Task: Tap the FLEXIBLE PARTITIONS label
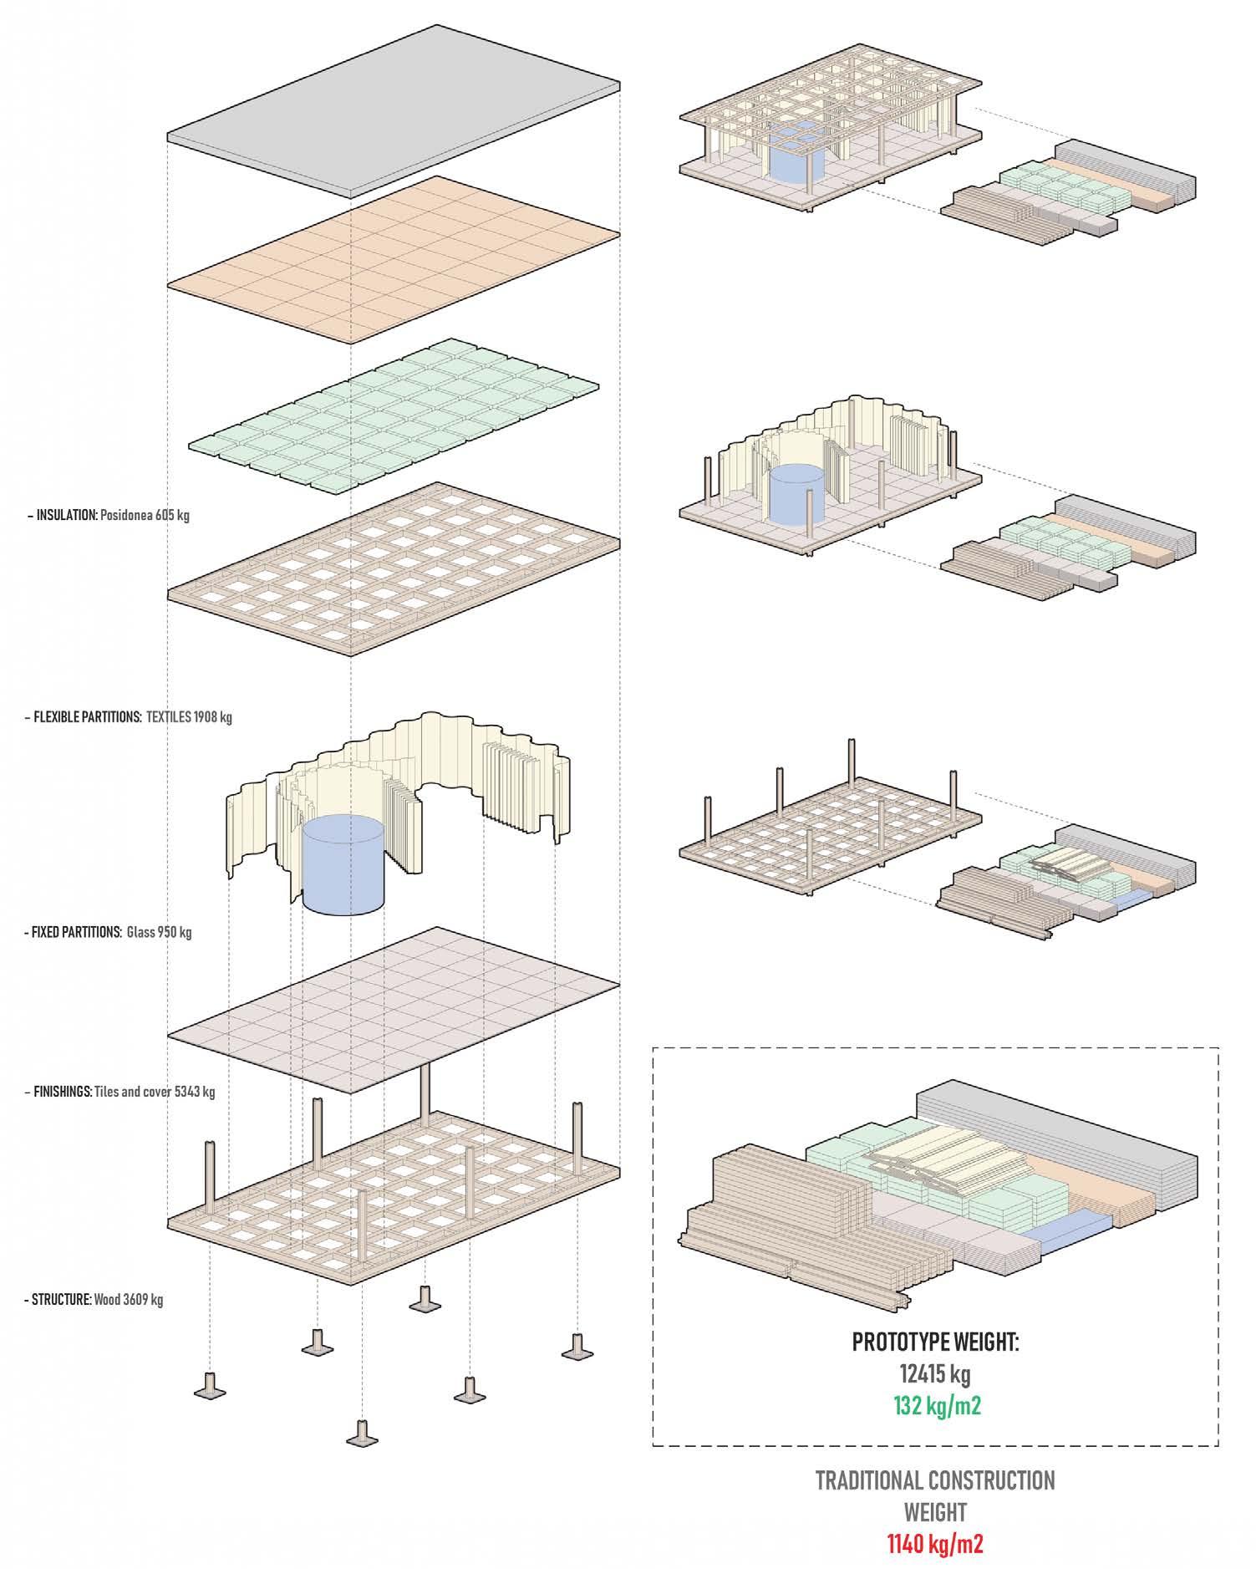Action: pyautogui.click(x=86, y=717)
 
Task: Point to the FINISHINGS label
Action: pyautogui.click(x=62, y=1092)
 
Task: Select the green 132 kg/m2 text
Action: pyautogui.click(x=936, y=1405)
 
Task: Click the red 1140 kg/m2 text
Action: pyautogui.click(x=936, y=1543)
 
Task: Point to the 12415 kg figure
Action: pyautogui.click(x=936, y=1374)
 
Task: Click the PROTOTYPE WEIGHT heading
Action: pyautogui.click(x=936, y=1342)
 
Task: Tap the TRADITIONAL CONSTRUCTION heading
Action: pyautogui.click(x=936, y=1480)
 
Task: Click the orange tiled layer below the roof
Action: pyautogui.click(x=393, y=259)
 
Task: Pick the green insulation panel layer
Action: pyautogui.click(x=393, y=414)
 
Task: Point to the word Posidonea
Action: pyautogui.click(x=126, y=515)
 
